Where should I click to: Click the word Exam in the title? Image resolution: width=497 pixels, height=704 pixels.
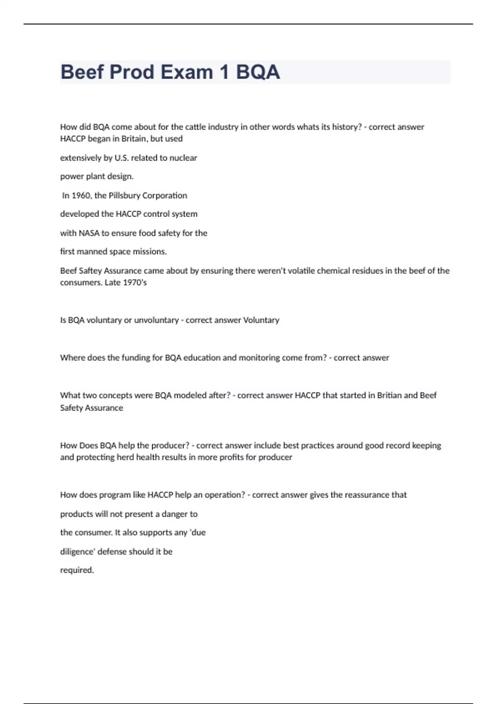pos(187,72)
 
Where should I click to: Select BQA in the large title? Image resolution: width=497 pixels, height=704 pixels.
pos(258,72)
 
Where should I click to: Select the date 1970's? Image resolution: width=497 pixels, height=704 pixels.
pos(135,282)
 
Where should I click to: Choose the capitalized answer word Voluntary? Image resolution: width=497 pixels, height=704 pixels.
pos(261,320)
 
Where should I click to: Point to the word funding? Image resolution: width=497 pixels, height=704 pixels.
pos(135,358)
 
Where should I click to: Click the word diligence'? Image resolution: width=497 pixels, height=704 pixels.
pos(77,552)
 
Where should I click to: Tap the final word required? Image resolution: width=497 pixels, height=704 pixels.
pos(77,570)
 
